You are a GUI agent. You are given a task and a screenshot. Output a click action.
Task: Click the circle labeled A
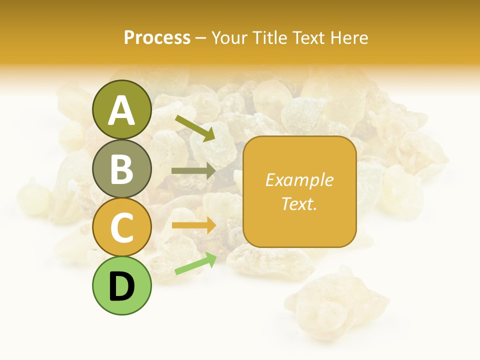pyautogui.click(x=121, y=110)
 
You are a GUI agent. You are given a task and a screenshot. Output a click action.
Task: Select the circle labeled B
pyautogui.click(x=121, y=169)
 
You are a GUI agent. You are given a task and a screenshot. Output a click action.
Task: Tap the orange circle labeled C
pyautogui.click(x=121, y=227)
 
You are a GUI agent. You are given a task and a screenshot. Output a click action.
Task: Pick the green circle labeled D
pyautogui.click(x=121, y=286)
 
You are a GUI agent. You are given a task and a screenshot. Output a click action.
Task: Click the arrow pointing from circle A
pyautogui.click(x=194, y=128)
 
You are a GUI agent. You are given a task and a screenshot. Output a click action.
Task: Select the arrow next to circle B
pyautogui.click(x=193, y=170)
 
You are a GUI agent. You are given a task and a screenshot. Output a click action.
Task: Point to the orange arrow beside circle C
pyautogui.click(x=193, y=225)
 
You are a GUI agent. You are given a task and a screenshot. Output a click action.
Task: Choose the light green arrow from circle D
pyautogui.click(x=195, y=264)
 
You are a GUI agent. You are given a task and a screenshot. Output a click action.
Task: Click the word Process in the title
pyautogui.click(x=157, y=37)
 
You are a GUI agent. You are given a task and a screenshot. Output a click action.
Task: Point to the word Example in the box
pyautogui.click(x=299, y=180)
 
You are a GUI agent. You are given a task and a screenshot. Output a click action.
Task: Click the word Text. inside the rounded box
pyautogui.click(x=299, y=203)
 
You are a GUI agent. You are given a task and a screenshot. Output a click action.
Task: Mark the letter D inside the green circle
pyautogui.click(x=121, y=286)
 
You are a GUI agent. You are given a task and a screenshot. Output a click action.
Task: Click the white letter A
pyautogui.click(x=121, y=110)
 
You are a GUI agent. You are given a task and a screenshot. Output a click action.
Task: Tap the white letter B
pyautogui.click(x=121, y=169)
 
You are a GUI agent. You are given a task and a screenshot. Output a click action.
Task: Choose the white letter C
pyautogui.click(x=121, y=228)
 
